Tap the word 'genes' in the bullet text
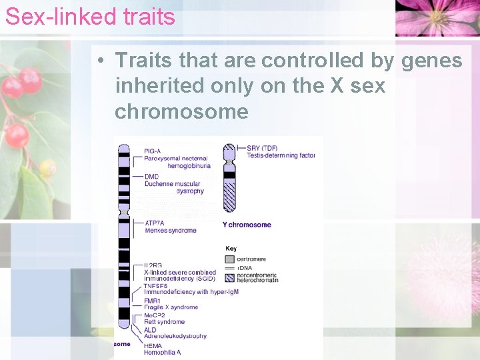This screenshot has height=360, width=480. click(x=431, y=61)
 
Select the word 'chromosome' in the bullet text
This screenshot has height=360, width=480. click(x=181, y=111)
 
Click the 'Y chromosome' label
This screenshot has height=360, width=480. click(x=247, y=225)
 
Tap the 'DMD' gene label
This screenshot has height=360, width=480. click(x=151, y=176)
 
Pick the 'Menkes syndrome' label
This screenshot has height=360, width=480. click(x=170, y=231)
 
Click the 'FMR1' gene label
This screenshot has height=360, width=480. click(x=153, y=301)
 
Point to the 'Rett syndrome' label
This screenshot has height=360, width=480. click(x=164, y=322)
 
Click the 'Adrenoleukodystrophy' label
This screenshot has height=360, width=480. click(x=175, y=337)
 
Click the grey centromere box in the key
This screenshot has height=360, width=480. click(x=230, y=259)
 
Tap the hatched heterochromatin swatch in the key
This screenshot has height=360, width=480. click(x=230, y=277)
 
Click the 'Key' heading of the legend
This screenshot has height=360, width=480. click(x=231, y=249)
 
